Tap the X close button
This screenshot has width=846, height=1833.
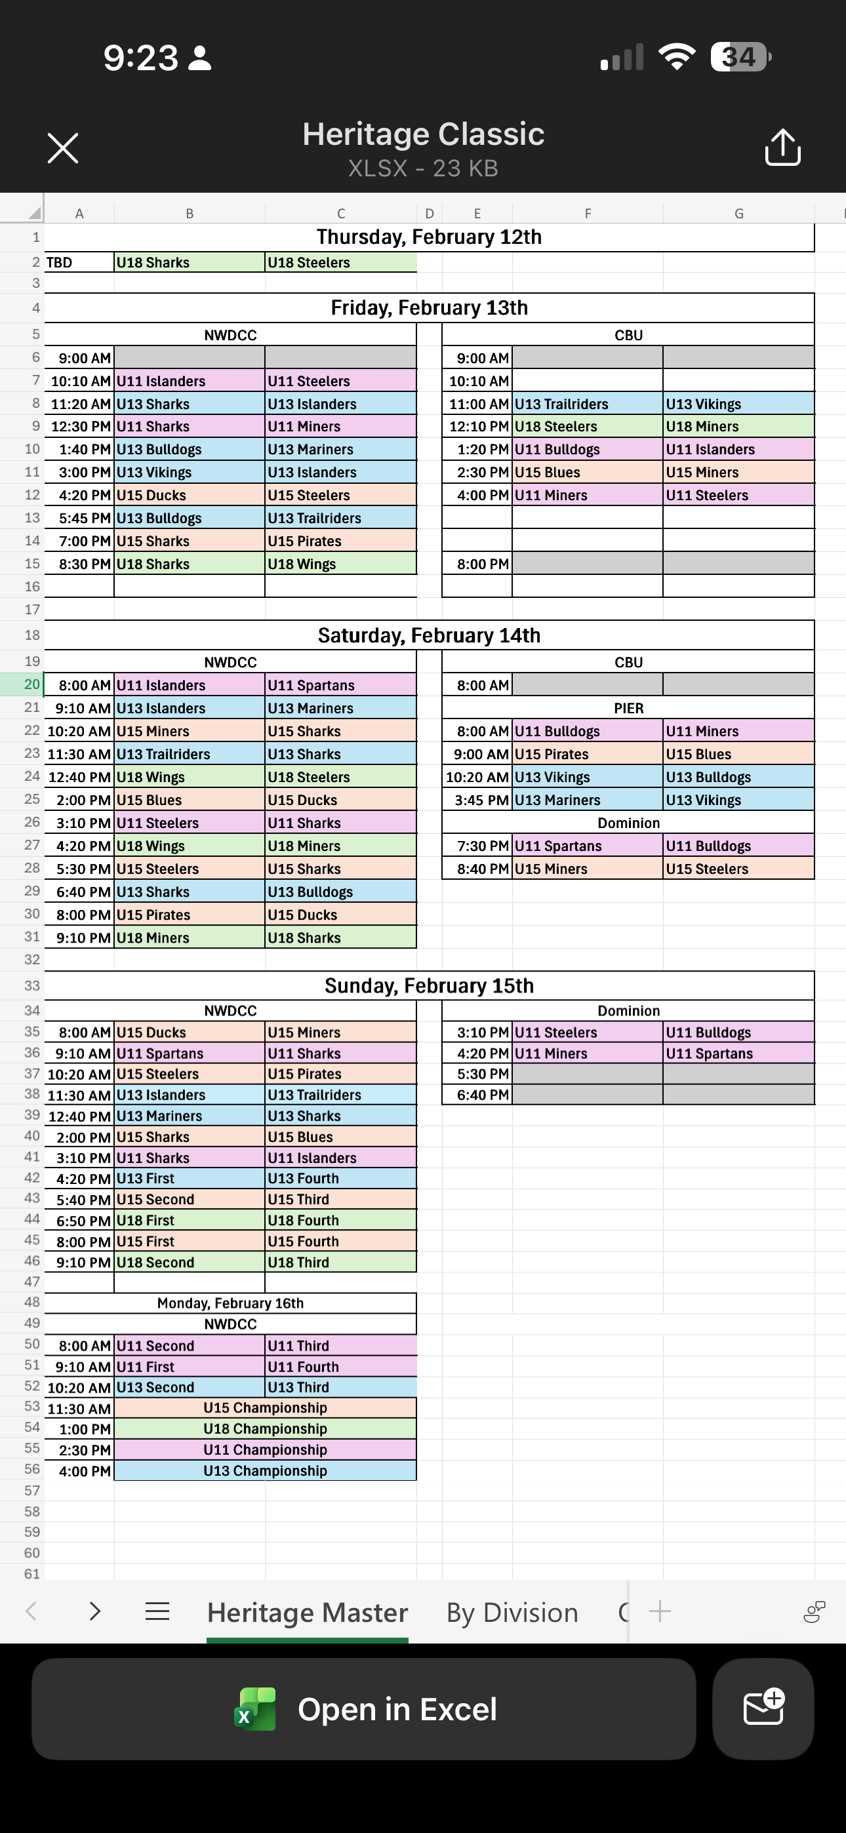click(x=63, y=148)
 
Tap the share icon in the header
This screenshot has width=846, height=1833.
click(x=782, y=148)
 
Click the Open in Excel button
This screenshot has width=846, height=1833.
click(x=363, y=1709)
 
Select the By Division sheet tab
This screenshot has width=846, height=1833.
click(x=512, y=1613)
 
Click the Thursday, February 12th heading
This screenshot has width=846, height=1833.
click(x=429, y=237)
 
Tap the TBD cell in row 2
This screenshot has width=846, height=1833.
click(x=78, y=263)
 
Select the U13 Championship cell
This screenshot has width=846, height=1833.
click(x=265, y=1471)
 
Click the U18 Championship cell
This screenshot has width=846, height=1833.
click(x=265, y=1429)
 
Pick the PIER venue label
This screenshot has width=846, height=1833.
click(x=628, y=708)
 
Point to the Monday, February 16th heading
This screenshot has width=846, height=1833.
click(x=230, y=1303)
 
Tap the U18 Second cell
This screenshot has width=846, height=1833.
click(x=189, y=1263)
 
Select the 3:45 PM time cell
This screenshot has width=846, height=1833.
click(x=481, y=800)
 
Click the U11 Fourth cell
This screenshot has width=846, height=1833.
click(x=340, y=1366)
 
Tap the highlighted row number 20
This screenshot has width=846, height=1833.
click(x=31, y=684)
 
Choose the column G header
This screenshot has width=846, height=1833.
click(x=738, y=214)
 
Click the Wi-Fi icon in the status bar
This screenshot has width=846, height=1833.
click(x=677, y=57)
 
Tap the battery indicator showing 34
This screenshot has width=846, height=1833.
click(x=740, y=57)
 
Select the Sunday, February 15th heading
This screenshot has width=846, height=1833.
click(x=429, y=985)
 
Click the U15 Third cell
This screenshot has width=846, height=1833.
click(x=340, y=1199)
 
